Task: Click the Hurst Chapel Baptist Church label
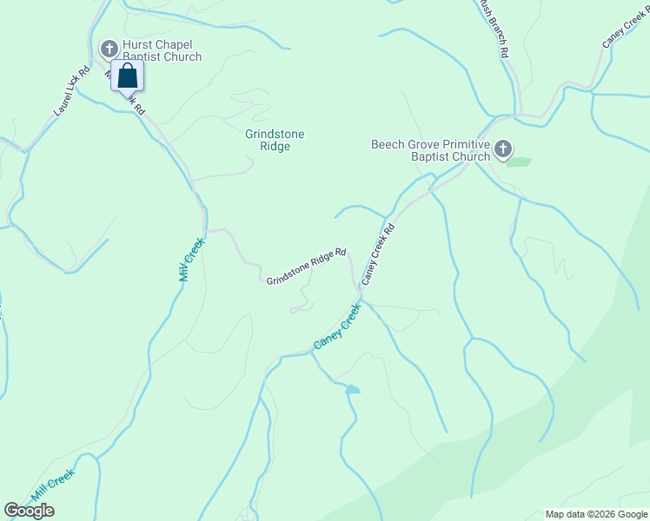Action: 162,51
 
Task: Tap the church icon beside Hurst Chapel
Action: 110,48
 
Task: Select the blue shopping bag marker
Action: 128,76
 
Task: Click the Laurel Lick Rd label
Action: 72,94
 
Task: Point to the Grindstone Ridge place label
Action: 275,140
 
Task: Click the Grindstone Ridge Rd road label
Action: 306,267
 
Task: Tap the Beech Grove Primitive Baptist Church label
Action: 430,151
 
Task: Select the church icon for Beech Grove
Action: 503,151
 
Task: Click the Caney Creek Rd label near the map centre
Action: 379,254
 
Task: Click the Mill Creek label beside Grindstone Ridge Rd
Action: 192,259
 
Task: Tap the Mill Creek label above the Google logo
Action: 53,485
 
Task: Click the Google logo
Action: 29,511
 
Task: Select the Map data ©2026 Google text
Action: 596,514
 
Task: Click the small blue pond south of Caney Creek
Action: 352,390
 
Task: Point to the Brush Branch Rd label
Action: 492,26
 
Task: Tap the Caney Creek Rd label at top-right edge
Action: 625,30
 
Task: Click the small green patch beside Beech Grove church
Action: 519,162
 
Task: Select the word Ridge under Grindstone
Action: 275,146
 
